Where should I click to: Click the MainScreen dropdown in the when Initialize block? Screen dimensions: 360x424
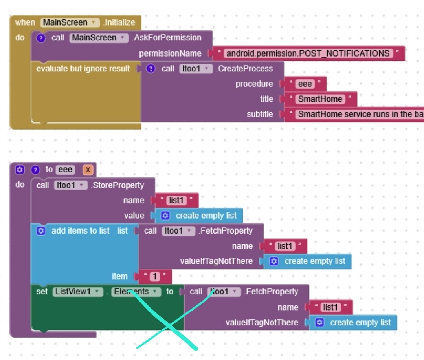point(70,22)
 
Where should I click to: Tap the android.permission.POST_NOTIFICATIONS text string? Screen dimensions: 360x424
point(308,53)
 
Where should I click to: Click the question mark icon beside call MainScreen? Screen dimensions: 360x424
point(41,38)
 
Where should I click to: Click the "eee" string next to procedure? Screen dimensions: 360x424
point(305,84)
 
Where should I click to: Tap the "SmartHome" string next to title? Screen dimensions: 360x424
point(320,99)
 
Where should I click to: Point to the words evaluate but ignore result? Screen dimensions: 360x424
point(83,69)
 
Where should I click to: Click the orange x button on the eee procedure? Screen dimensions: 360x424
point(88,170)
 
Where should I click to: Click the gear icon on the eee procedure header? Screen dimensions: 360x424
point(20,170)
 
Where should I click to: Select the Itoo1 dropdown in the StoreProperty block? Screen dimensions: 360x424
point(70,185)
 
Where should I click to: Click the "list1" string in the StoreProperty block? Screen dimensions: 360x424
point(176,201)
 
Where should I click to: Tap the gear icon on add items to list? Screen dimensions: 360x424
point(41,231)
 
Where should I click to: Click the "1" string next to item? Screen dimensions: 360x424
point(154,276)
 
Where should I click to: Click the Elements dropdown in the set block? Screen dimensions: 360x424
point(136,292)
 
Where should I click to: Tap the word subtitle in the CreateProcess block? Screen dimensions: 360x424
point(260,114)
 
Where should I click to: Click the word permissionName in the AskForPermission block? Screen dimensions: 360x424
point(170,53)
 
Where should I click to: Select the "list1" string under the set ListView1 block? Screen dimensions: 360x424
point(330,307)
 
